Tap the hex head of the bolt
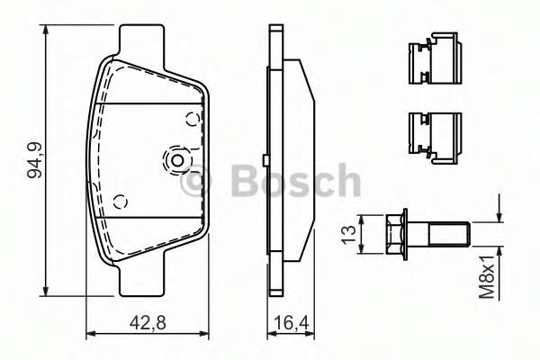click(394, 234)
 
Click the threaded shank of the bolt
click(447, 234)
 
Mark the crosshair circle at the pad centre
click(176, 161)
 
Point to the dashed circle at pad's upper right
click(192, 119)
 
